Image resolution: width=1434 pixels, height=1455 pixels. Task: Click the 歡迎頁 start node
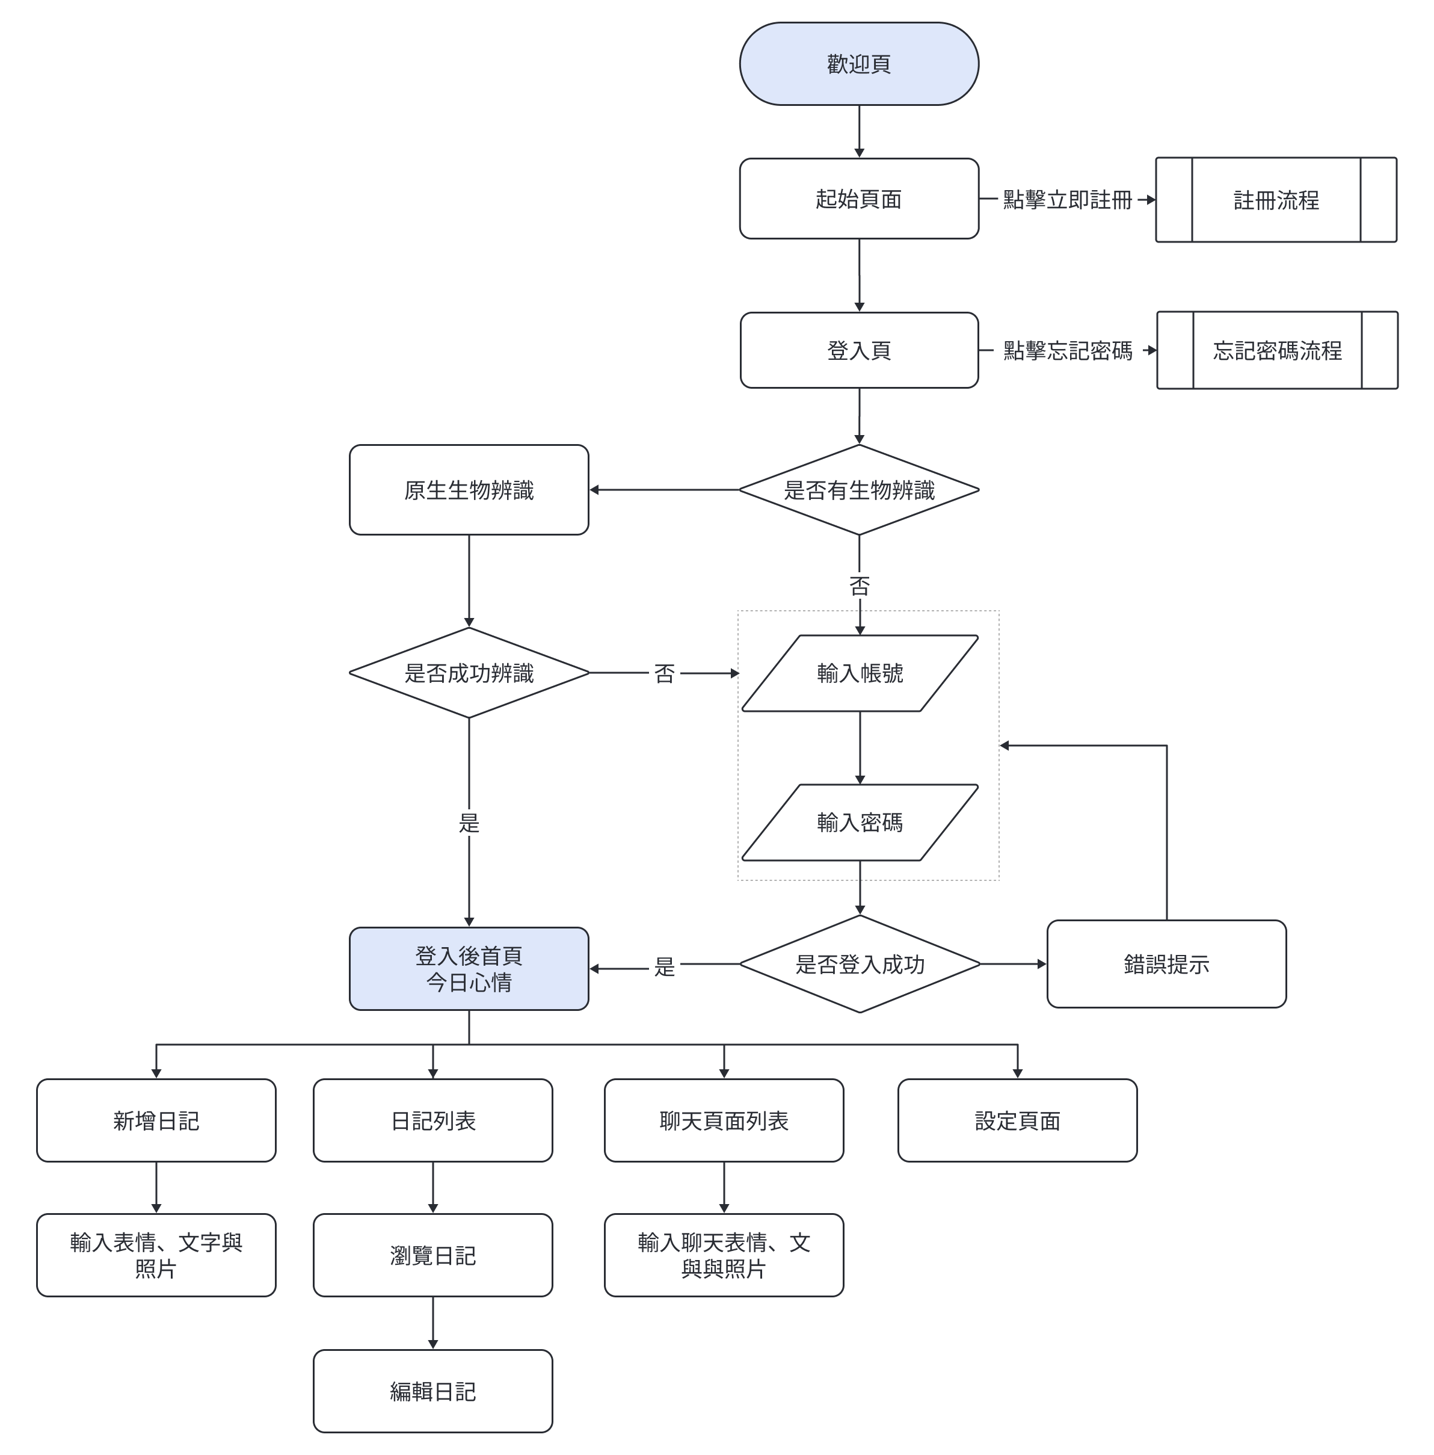click(x=858, y=64)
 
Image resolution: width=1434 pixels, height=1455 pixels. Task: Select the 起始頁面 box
click(x=858, y=199)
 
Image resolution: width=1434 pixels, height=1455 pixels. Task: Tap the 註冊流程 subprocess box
click(x=1275, y=200)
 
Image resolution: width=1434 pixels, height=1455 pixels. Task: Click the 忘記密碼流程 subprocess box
click(x=1276, y=350)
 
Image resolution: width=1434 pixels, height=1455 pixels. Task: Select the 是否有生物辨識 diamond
click(x=858, y=490)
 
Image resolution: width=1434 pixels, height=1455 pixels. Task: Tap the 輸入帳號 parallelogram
click(x=859, y=673)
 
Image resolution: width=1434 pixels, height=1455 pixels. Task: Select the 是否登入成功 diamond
click(x=859, y=964)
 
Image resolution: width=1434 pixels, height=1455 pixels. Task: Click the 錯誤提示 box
click(x=1165, y=964)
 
